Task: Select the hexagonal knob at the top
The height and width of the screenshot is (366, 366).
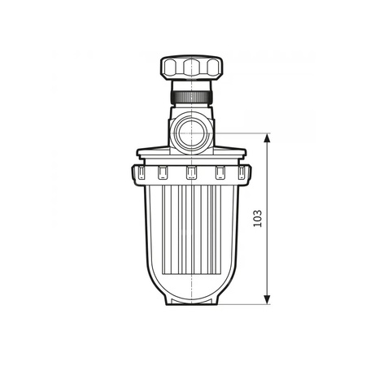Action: coord(191,67)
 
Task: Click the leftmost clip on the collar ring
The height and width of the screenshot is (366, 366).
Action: coord(140,172)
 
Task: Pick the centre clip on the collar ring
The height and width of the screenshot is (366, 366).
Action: coord(191,172)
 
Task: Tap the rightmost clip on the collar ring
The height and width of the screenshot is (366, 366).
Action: coord(242,172)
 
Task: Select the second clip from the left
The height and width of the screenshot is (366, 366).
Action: coord(163,172)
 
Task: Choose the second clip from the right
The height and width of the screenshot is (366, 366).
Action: coord(220,172)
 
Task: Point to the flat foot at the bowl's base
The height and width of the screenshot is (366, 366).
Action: coord(191,300)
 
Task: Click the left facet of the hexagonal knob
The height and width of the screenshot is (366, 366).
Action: coord(171,67)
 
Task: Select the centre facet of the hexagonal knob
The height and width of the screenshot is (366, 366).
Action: coord(191,67)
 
